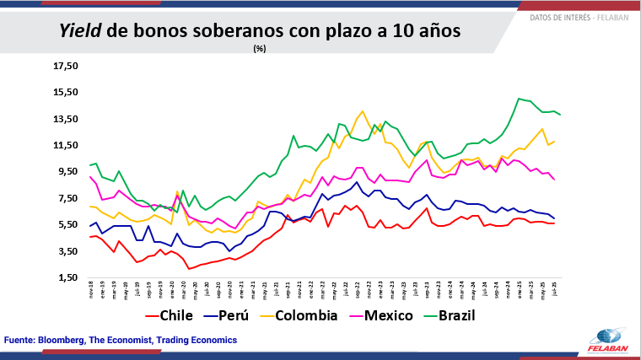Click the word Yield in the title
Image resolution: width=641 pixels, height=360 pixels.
pyautogui.click(x=81, y=31)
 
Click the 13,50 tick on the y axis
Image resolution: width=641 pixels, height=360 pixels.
pyautogui.click(x=65, y=119)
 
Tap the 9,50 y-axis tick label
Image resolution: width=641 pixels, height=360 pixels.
pyautogui.click(x=65, y=172)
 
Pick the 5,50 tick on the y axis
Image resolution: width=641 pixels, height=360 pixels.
pyautogui.click(x=65, y=224)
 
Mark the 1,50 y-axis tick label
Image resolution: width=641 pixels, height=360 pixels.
pyautogui.click(x=65, y=277)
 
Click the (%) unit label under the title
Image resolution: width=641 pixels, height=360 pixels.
pyautogui.click(x=260, y=49)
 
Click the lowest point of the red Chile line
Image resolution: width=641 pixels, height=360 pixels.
pyautogui.click(x=190, y=269)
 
